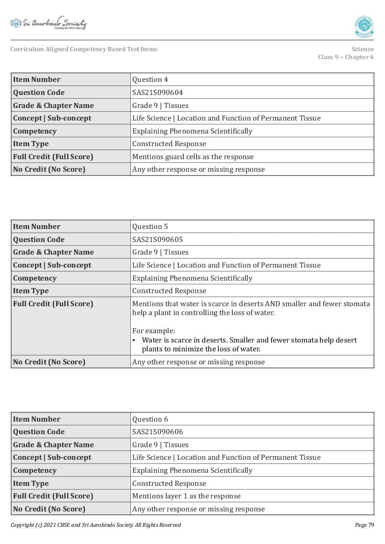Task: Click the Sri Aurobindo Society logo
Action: [x=48, y=24]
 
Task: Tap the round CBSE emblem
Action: [x=364, y=26]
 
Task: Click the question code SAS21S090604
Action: [x=157, y=93]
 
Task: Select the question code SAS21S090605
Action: [x=157, y=240]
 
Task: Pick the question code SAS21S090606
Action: [x=157, y=432]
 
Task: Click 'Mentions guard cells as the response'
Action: [x=193, y=157]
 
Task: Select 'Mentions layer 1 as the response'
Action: [x=186, y=496]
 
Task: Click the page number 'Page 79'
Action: [x=364, y=525]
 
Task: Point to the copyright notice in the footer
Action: [x=95, y=525]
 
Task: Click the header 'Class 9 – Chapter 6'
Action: [x=345, y=57]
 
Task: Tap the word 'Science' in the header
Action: [x=363, y=49]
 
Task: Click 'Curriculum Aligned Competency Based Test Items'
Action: [x=84, y=49]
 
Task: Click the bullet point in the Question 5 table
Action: [x=134, y=340]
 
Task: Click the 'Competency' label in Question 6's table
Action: [x=34, y=470]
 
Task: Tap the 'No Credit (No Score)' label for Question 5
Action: [x=49, y=362]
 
